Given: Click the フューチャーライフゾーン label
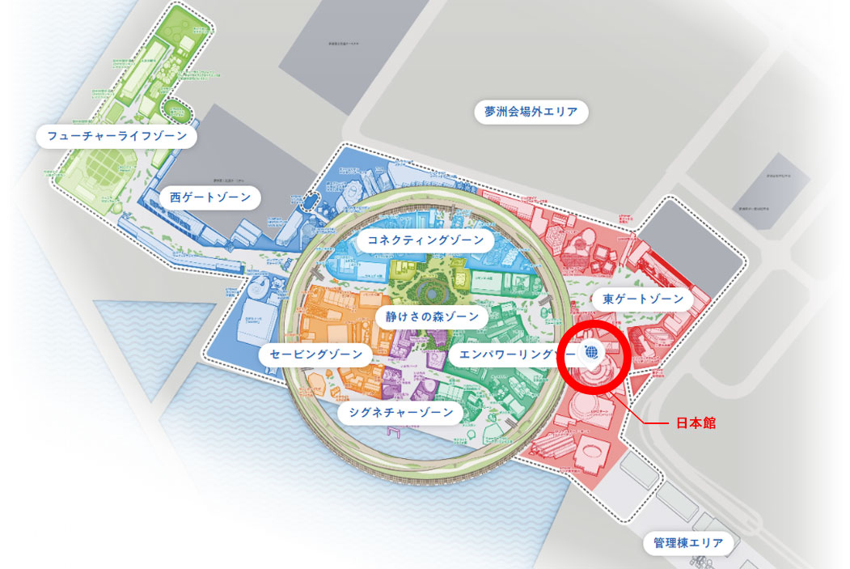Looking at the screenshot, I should (x=117, y=136).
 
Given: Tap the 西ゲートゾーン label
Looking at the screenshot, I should (x=210, y=197).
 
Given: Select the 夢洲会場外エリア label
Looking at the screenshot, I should (x=531, y=112).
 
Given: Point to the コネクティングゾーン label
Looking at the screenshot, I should (x=425, y=240).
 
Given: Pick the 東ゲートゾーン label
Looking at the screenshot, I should (x=643, y=299).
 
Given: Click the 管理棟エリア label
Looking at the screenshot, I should (x=688, y=542).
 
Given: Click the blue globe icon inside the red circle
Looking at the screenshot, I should (x=591, y=353).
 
